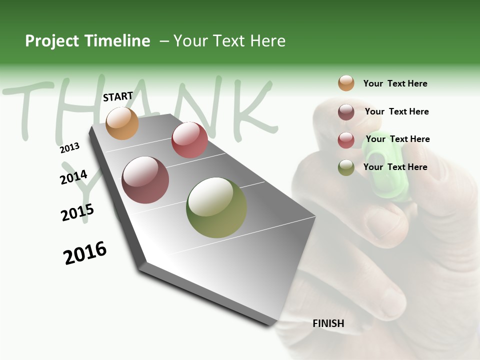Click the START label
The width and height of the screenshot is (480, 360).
[118, 96]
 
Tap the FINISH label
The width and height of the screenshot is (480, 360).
[328, 323]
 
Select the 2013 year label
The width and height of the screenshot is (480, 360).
[69, 148]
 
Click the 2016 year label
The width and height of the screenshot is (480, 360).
[85, 253]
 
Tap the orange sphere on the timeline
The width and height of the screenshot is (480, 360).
[122, 123]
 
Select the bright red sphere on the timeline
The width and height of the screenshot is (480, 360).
[189, 140]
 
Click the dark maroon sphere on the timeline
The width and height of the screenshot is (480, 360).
[145, 180]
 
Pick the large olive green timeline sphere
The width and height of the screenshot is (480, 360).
[216, 207]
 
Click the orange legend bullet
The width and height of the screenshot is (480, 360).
[346, 83]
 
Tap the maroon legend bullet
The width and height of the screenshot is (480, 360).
[346, 112]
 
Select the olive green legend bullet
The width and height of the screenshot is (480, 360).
[346, 167]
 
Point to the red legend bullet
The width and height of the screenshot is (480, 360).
[346, 139]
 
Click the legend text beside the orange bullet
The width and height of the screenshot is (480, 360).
[395, 83]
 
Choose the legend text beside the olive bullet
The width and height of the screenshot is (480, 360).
[395, 167]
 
